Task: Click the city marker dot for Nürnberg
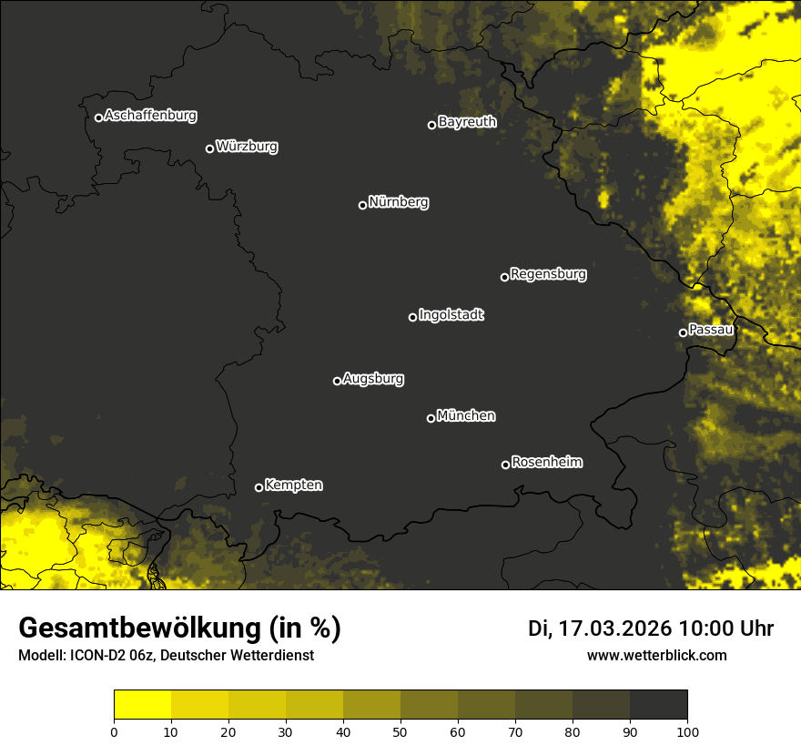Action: [x=362, y=205]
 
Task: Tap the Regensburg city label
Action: [x=548, y=273]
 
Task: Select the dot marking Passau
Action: [x=683, y=332]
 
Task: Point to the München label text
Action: [x=466, y=415]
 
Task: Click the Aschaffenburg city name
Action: [x=150, y=116]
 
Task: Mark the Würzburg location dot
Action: [x=209, y=148]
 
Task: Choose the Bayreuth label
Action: [x=467, y=121]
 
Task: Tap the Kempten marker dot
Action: [x=259, y=487]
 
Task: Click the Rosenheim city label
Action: [x=546, y=462]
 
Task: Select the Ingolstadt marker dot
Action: [x=412, y=317]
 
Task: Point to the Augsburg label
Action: [x=373, y=378]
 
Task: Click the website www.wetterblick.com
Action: [x=656, y=655]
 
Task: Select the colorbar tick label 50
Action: [x=400, y=730]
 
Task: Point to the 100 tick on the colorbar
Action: [x=687, y=730]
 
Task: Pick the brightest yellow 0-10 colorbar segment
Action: [x=143, y=704]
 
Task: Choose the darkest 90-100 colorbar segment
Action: [x=658, y=704]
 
